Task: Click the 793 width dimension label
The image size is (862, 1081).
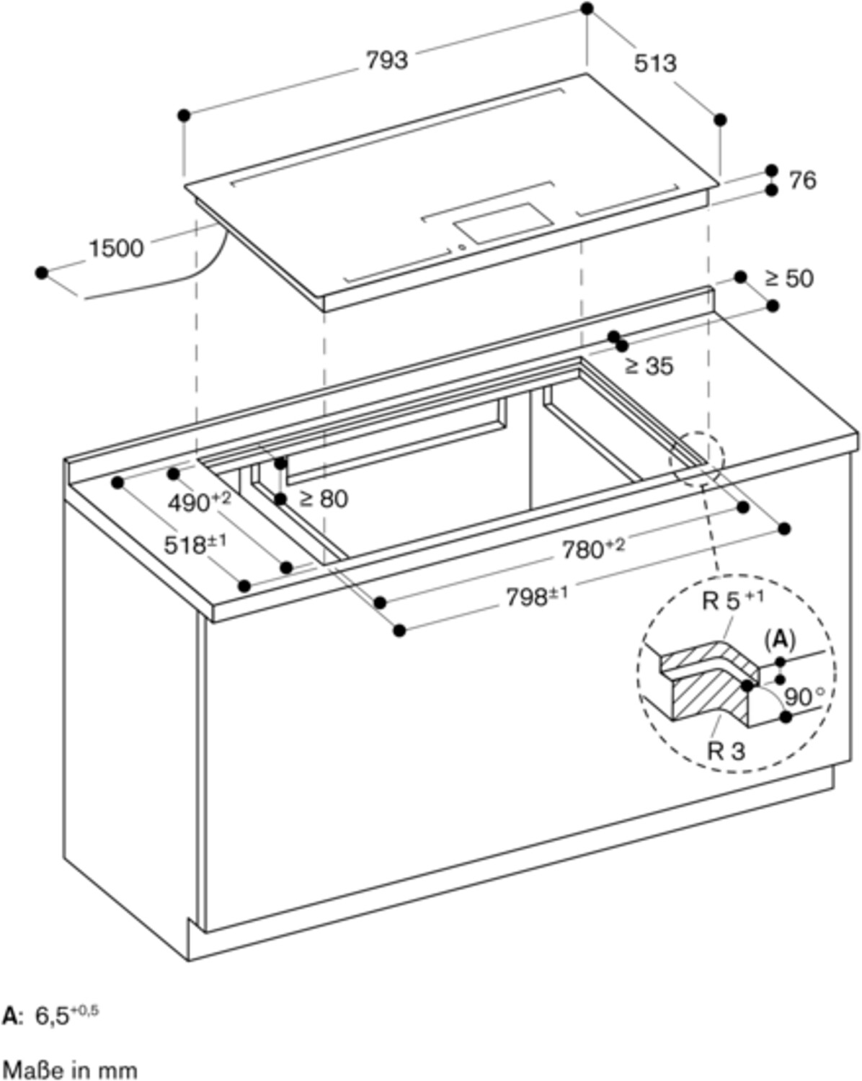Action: coord(387,61)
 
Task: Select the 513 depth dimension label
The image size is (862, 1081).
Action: coord(655,63)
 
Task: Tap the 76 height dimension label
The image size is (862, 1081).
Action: coord(803,180)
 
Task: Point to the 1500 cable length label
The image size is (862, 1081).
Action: coord(116,248)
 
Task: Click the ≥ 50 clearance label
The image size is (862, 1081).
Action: coord(788,278)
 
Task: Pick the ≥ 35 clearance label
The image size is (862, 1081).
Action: coord(649,365)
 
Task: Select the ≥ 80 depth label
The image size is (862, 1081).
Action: coord(323,499)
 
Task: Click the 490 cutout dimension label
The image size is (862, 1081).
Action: coord(200,502)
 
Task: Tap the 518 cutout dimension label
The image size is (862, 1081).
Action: coord(195,545)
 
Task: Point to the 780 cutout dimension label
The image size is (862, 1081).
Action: coord(593,548)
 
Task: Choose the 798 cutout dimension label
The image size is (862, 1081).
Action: coord(537,596)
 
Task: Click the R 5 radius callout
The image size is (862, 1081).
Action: coord(733,600)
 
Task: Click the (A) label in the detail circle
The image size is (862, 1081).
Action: coord(780,641)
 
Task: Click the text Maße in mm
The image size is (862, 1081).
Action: coord(70,1067)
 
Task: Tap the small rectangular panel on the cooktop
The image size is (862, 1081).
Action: coord(503,223)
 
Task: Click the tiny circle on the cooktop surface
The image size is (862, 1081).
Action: coord(462,246)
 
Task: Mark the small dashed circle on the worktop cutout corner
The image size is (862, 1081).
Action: coord(697,458)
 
